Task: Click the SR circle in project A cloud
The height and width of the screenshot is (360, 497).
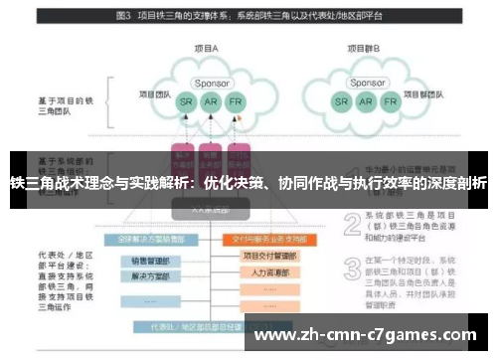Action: coord(185,102)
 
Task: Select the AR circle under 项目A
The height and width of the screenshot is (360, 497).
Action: coord(209,102)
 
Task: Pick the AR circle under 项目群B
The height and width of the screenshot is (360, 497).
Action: coord(367,101)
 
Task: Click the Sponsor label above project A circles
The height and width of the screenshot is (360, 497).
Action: coord(209,84)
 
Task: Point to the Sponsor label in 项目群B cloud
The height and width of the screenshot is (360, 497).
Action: coord(367,84)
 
